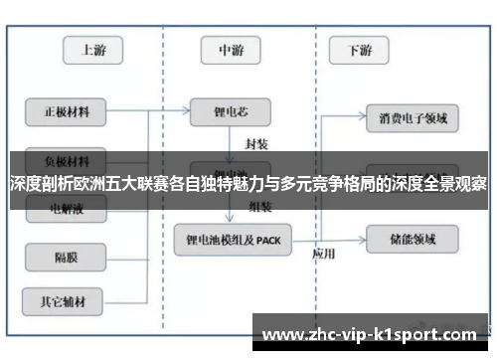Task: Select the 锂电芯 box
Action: [x=231, y=110]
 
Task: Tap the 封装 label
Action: [x=256, y=141]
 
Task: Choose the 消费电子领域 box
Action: [x=413, y=118]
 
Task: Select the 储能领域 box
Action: [x=413, y=239]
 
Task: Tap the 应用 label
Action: [x=323, y=253]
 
